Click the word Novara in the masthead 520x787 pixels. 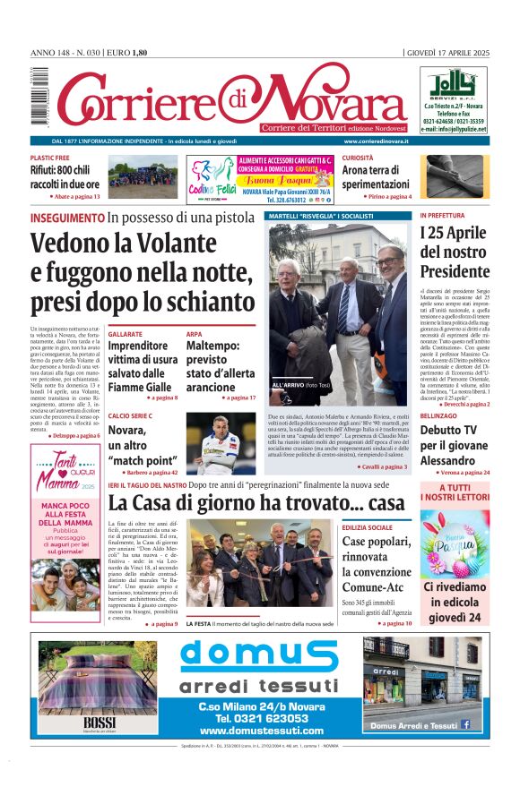coord(331,98)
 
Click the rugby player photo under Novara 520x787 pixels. coord(219,442)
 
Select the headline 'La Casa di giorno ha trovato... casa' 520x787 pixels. coord(256,503)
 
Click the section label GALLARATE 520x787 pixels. coord(126,334)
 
